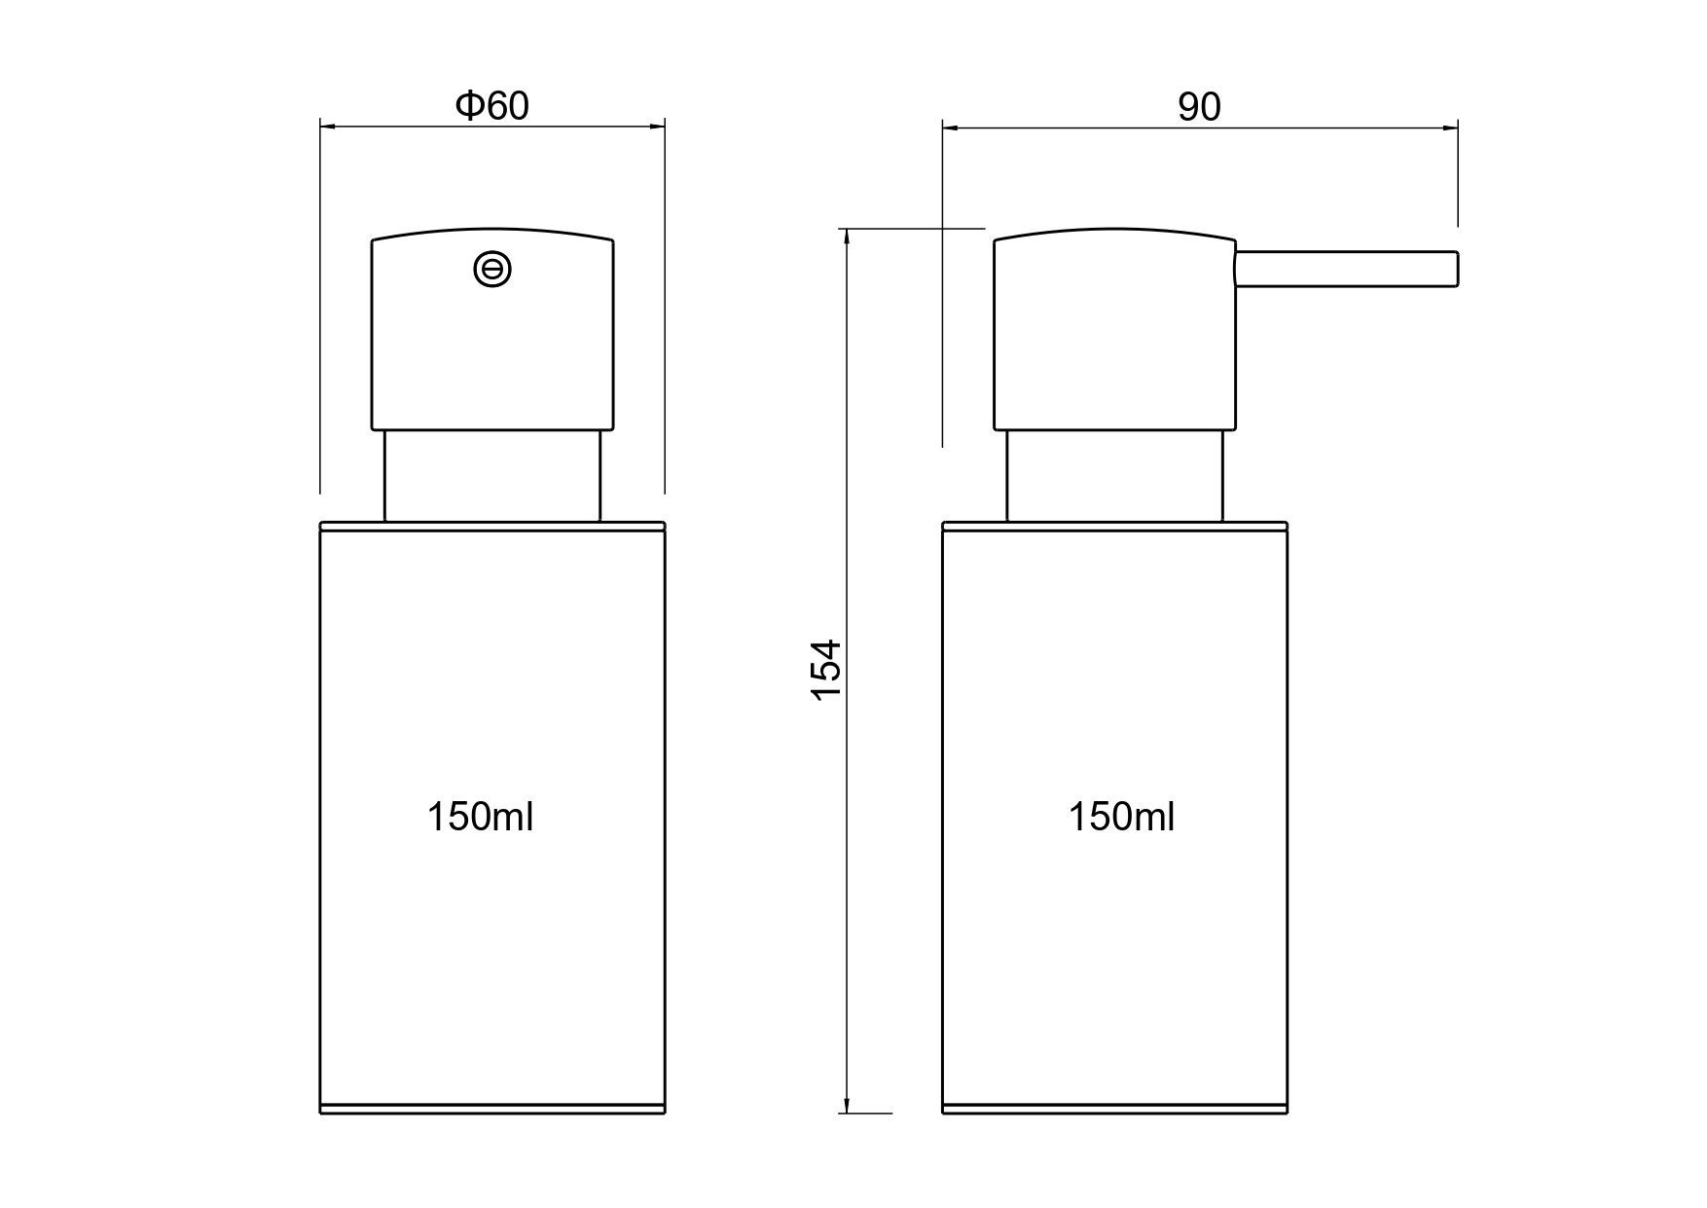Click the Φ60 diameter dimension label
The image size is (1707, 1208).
click(492, 105)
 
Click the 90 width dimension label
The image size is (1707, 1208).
click(1199, 107)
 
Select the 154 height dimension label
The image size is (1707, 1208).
click(825, 669)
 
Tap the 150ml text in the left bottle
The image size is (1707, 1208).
click(481, 817)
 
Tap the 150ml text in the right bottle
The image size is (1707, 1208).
click(1122, 817)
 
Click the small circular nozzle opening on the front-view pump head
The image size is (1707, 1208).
click(492, 269)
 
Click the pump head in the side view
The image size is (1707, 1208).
click(1114, 331)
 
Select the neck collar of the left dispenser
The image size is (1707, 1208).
click(492, 476)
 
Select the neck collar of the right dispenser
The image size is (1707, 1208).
click(1114, 476)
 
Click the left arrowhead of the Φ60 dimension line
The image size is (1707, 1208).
click(327, 126)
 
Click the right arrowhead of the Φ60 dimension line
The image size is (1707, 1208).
click(658, 126)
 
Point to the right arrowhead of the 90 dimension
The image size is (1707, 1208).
click(1450, 127)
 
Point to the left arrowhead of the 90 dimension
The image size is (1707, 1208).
click(950, 127)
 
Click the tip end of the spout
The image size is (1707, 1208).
click(1455, 269)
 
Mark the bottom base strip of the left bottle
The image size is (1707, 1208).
click(492, 1108)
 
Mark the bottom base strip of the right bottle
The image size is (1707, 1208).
click(1114, 1108)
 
